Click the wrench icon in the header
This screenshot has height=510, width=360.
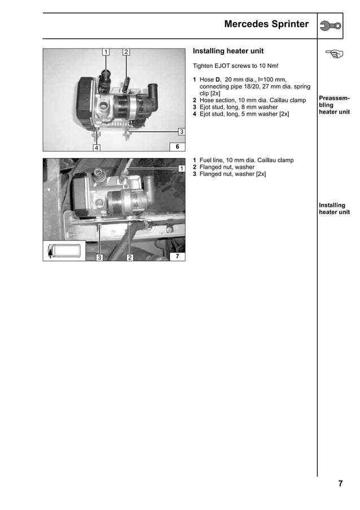[x=330, y=25]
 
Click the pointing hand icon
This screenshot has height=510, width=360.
[x=334, y=54]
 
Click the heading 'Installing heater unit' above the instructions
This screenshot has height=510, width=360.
[x=228, y=51]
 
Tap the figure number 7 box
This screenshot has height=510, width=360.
[x=177, y=256]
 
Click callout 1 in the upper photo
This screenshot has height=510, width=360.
[x=105, y=53]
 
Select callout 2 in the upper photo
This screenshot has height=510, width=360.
[x=126, y=53]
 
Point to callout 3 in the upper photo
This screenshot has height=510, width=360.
[x=181, y=132]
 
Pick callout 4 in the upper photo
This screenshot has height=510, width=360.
[x=96, y=148]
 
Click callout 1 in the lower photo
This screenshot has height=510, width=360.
[x=181, y=168]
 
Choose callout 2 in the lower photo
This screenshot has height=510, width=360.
[x=129, y=258]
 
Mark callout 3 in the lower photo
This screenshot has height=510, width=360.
[x=99, y=258]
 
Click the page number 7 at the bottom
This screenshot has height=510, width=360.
[x=340, y=483]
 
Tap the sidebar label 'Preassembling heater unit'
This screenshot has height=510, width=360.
[x=334, y=105]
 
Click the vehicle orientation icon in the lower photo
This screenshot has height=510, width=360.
[x=65, y=250]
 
